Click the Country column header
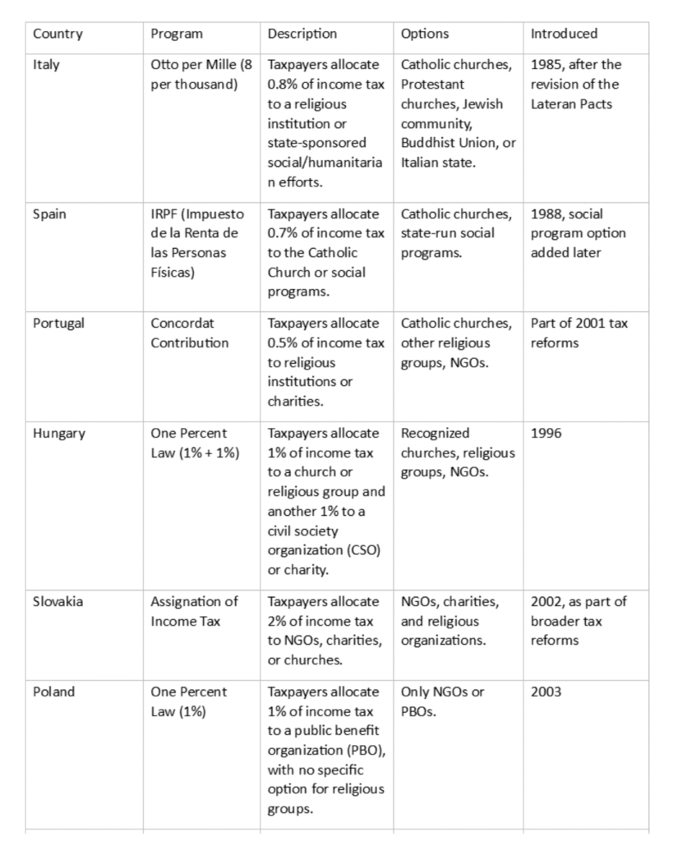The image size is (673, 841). (x=58, y=34)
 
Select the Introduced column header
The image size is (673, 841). (x=564, y=34)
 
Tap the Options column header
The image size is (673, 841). (x=425, y=34)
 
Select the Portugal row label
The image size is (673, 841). (x=56, y=324)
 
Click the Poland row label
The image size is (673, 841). (x=53, y=692)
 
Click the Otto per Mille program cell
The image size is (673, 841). (x=196, y=74)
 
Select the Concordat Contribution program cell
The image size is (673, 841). (x=190, y=333)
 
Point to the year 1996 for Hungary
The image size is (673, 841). (x=546, y=434)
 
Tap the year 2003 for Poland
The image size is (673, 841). (x=546, y=692)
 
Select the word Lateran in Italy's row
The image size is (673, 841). (x=554, y=104)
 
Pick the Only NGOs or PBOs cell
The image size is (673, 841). (x=442, y=701)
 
